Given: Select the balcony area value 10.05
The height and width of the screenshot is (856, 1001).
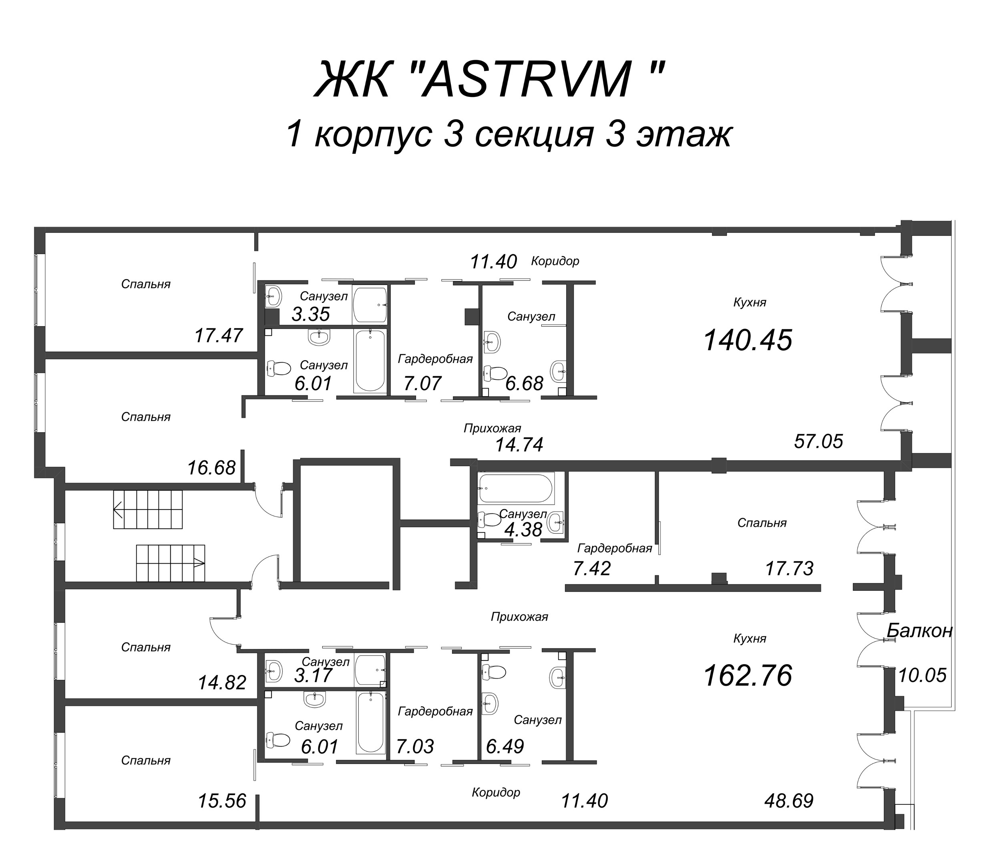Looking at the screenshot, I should pos(922,675).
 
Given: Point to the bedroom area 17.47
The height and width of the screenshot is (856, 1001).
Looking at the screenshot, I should pos(218,335).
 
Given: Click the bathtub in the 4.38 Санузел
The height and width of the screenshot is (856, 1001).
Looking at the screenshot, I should pos(515,488).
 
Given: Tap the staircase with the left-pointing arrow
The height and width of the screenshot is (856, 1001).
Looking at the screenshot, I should pos(148,510).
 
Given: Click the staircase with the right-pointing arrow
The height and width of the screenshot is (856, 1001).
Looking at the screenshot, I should pos(170,563).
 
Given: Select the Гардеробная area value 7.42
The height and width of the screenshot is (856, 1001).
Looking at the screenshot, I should pos(591,568).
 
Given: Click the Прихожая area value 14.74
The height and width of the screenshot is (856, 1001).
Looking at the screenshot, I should pos(519,444).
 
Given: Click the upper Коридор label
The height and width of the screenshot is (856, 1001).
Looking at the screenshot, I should pos(555,261).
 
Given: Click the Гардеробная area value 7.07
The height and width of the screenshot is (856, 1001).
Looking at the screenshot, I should pos(422,383).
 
